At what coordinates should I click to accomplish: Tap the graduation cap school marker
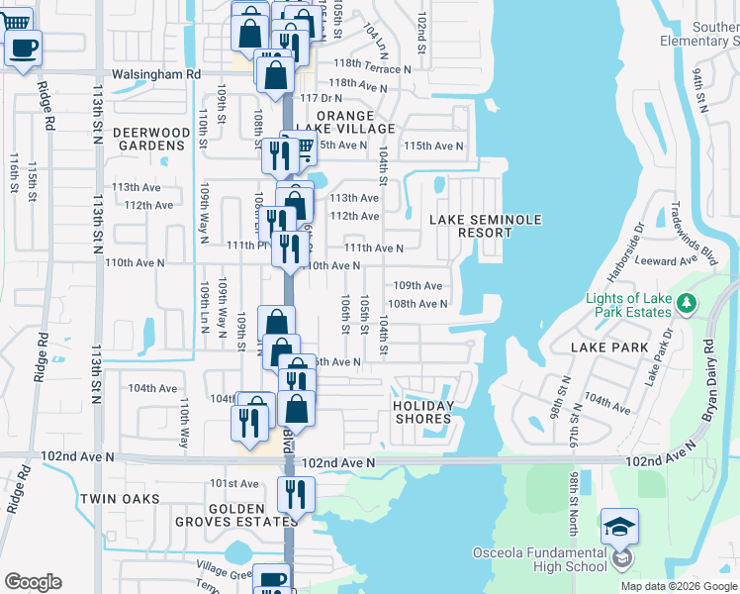click(619, 527)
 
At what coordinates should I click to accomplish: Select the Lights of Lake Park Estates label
click(642, 304)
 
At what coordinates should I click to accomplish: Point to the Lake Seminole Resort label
click(472, 226)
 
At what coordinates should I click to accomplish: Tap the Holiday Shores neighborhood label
click(423, 412)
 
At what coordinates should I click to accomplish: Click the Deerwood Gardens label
click(150, 139)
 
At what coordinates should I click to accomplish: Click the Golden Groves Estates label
click(237, 515)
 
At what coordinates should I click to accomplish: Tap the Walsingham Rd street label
click(156, 74)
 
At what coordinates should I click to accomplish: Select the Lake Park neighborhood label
click(610, 347)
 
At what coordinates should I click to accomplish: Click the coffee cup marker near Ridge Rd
click(24, 47)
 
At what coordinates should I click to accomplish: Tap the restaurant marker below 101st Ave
click(296, 493)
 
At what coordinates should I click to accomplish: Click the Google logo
click(33, 582)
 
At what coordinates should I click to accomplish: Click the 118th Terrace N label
click(370, 69)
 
